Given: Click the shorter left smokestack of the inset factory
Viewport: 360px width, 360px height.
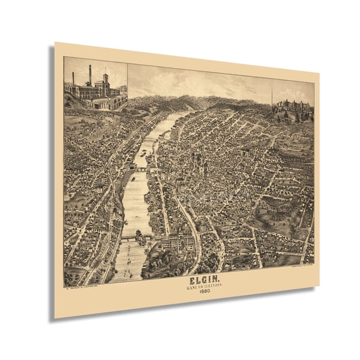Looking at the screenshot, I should pos(73,79).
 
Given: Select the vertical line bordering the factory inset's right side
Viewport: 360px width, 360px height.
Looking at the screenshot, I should pos(128,78).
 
